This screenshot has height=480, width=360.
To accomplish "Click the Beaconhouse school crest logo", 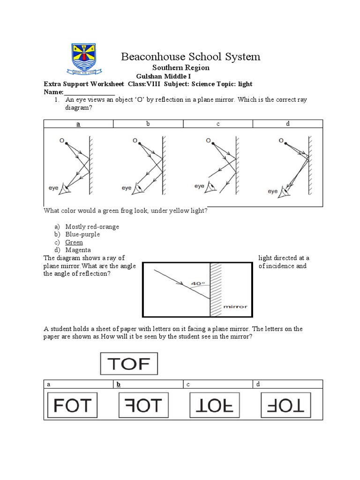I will pyautogui.click(x=86, y=60).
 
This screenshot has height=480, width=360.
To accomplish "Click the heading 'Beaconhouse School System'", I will pyautogui.click(x=190, y=57).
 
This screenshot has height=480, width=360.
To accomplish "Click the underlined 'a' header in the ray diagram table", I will pyautogui.click(x=78, y=124).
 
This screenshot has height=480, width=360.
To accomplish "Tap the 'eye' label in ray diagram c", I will pyautogui.click(x=199, y=186).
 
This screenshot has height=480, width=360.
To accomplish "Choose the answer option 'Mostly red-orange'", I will pyautogui.click(x=92, y=226).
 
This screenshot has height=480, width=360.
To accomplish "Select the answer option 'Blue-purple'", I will pyautogui.click(x=82, y=234).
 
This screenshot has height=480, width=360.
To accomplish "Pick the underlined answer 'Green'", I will pyautogui.click(x=74, y=242).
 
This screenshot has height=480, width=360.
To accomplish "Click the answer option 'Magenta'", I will pyautogui.click(x=78, y=250).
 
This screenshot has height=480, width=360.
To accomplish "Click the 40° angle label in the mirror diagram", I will pyautogui.click(x=197, y=284).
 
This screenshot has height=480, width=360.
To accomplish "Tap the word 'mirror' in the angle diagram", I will pyautogui.click(x=235, y=307).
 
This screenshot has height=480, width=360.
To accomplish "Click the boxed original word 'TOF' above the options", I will pyautogui.click(x=129, y=363).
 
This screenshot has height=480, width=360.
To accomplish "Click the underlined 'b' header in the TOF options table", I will pyautogui.click(x=119, y=384).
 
